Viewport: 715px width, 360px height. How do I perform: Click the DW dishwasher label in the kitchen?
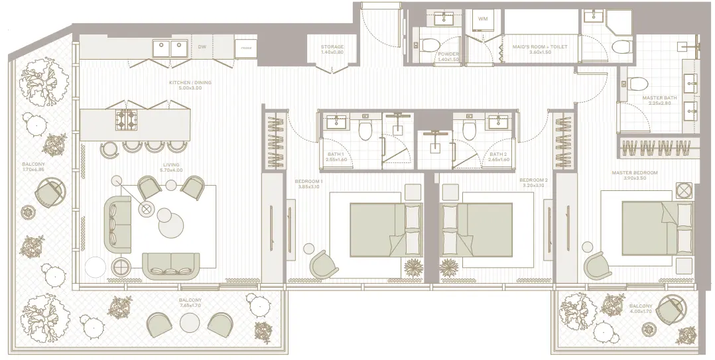(x=202, y=47)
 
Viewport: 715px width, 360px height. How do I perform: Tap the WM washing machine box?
(x=482, y=19)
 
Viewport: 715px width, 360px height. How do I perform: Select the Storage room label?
(x=332, y=49)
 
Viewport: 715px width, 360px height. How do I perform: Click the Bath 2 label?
(x=498, y=156)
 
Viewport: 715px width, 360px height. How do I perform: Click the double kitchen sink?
(x=169, y=47)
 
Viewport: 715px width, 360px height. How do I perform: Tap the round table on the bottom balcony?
(x=190, y=324)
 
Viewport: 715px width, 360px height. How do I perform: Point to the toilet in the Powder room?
(x=426, y=46)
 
